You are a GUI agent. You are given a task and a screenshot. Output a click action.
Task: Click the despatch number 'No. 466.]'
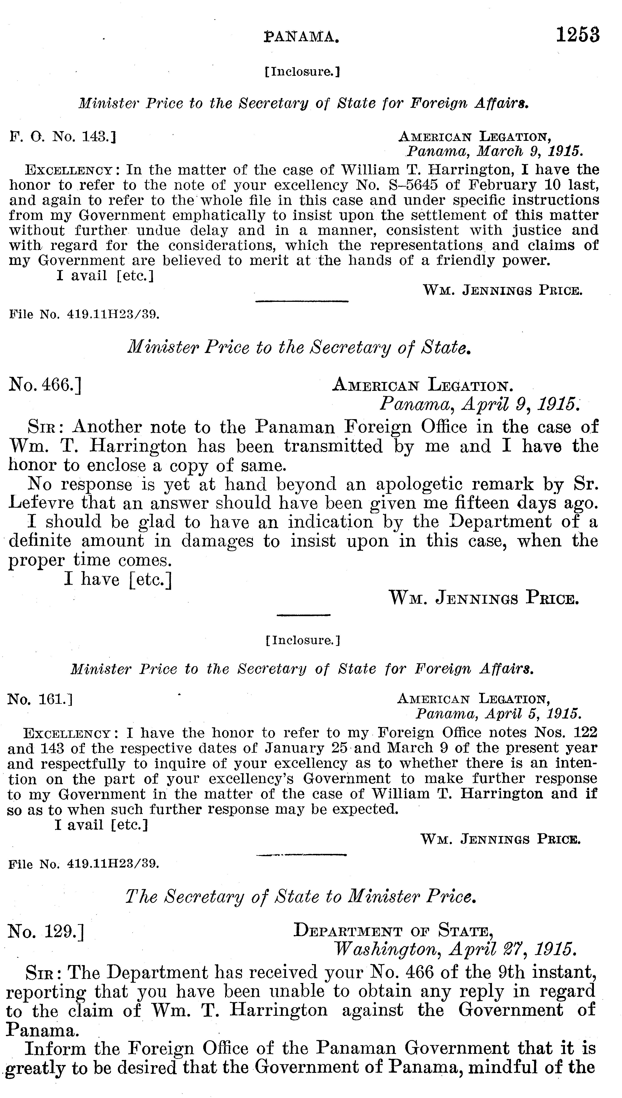click(45, 385)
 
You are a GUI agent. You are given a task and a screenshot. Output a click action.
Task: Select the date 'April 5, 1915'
click(498, 713)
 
